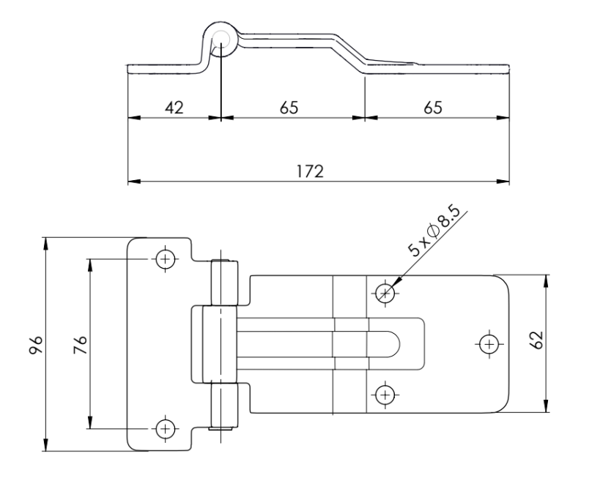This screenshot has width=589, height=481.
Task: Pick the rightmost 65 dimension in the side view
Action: (x=433, y=107)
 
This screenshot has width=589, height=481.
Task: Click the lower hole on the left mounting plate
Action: (x=166, y=428)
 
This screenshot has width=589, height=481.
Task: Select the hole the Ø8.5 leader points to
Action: (x=385, y=294)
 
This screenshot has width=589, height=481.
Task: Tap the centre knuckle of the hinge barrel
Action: (x=216, y=343)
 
